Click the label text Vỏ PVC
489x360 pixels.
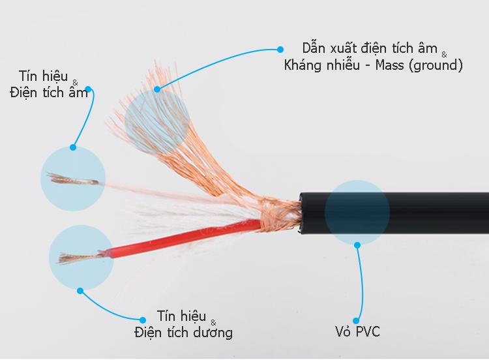point(357,331)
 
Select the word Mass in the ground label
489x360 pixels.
point(389,65)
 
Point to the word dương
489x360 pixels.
point(213,333)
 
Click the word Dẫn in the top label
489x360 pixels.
point(314,49)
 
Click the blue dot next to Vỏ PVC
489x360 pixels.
point(356,321)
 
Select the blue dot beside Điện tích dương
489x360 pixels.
point(143,320)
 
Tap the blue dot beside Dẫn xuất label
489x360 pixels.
point(280,50)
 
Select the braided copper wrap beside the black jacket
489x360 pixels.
point(280,215)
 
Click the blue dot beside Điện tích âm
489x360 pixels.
point(88,89)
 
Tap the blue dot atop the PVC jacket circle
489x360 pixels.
point(357,245)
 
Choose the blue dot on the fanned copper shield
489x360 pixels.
point(157,89)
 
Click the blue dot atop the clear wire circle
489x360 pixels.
point(73,147)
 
